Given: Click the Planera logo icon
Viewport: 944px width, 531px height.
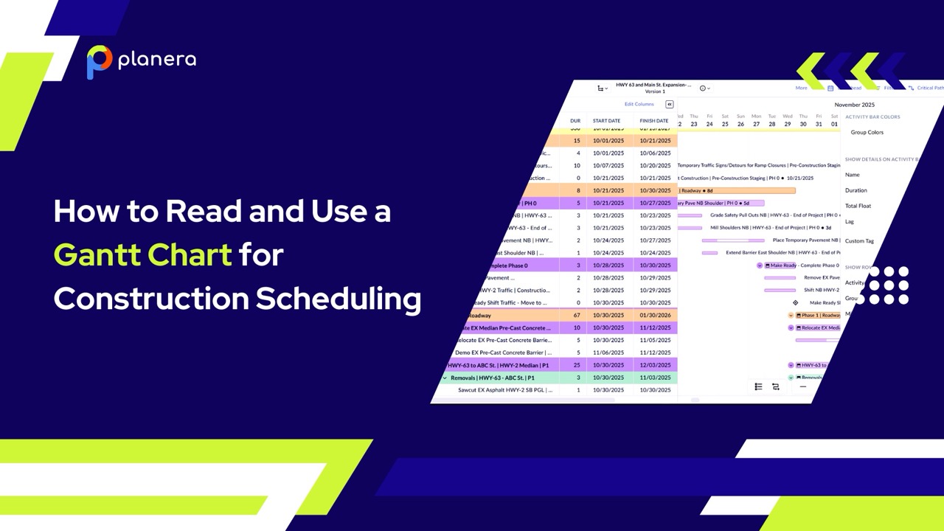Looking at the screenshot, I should (x=100, y=61).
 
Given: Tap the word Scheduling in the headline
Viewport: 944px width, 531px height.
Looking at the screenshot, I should (x=339, y=299).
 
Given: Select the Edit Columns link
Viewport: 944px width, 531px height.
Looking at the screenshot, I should (x=639, y=104).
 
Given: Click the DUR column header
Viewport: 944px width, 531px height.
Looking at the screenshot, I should (x=575, y=121).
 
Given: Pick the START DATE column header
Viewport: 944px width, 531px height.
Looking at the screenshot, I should (x=606, y=121).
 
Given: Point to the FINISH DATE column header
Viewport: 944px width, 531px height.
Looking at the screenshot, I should (x=653, y=121).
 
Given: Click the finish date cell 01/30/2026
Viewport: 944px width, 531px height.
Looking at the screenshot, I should (x=655, y=316).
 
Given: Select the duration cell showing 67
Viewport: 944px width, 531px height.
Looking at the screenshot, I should (x=577, y=316).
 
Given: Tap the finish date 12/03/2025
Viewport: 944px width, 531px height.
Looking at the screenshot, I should (x=655, y=365).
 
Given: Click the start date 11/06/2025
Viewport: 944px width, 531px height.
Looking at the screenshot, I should (x=608, y=353).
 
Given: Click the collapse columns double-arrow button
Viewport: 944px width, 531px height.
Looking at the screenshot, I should (x=670, y=104).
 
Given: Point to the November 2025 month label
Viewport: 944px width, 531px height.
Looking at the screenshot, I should (x=854, y=105).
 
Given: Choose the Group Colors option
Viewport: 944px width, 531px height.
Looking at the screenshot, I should (x=867, y=133).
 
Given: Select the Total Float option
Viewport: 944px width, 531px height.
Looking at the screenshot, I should (x=858, y=206).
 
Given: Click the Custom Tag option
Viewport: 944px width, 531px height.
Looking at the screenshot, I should (x=859, y=241).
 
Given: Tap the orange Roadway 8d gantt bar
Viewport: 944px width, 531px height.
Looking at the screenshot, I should (x=737, y=190).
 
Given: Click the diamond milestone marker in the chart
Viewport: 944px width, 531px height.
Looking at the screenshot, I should (x=795, y=302).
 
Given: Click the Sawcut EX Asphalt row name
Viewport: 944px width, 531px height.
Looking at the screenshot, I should (x=504, y=390).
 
